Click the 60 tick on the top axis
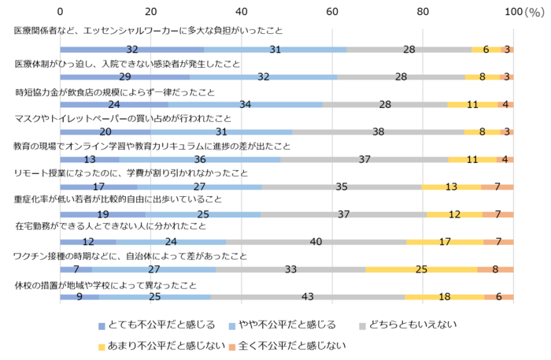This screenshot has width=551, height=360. click(x=332, y=13)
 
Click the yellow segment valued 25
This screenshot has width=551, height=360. click(x=421, y=269)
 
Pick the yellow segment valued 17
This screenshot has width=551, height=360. click(x=445, y=242)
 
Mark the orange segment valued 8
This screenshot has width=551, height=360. click(x=495, y=269)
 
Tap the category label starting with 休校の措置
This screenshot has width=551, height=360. click(x=106, y=284)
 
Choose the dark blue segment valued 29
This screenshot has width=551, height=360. click(x=126, y=77)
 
